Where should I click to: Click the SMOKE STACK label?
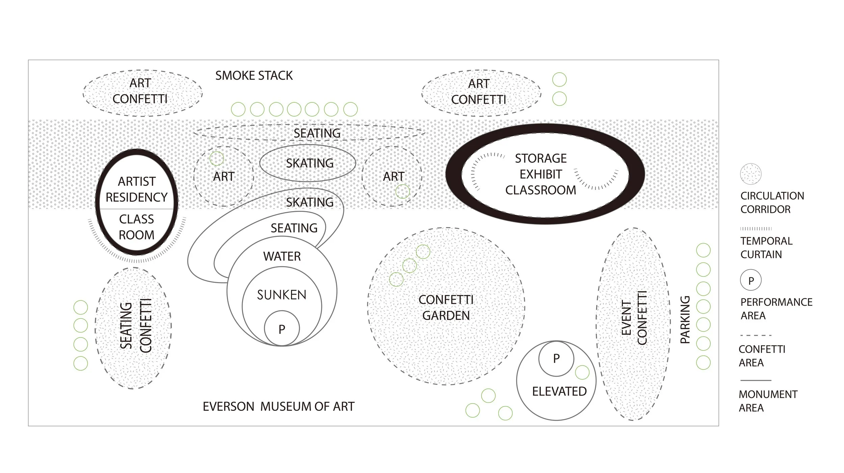tap(254, 76)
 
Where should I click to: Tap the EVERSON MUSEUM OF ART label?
tap(279, 406)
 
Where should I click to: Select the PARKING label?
tap(685, 320)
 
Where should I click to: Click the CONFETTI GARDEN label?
tap(446, 307)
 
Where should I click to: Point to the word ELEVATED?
tap(559, 392)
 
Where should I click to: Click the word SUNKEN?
tap(282, 295)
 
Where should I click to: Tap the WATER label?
tap(282, 256)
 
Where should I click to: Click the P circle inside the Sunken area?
tap(282, 329)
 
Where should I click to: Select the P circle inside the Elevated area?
tap(556, 358)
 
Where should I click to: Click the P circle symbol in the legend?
tap(751, 280)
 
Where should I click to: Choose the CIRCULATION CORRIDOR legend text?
tap(772, 203)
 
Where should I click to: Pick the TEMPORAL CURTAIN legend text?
tap(766, 248)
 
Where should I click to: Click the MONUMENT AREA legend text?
tap(768, 401)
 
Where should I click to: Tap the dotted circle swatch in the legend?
tap(751, 174)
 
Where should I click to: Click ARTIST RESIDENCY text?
tap(137, 190)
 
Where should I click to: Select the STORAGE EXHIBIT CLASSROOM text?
tap(540, 174)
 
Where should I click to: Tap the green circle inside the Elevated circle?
tap(582, 372)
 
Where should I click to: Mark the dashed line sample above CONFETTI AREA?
tap(756, 335)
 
